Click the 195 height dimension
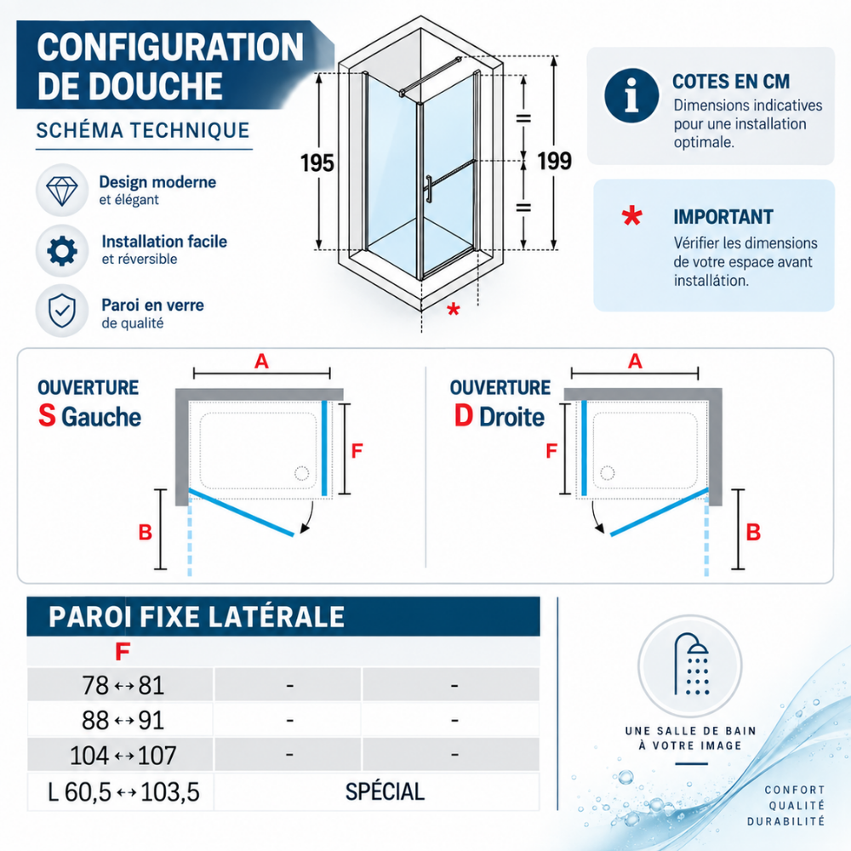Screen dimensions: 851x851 click(317, 163)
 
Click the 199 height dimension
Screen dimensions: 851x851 click(554, 161)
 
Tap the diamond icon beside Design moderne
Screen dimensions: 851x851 click(62, 190)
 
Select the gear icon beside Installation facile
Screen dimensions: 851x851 click(62, 251)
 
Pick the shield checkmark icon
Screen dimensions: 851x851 click(62, 311)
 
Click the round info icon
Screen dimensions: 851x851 click(631, 95)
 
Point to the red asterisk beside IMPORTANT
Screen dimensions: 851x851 click(631, 215)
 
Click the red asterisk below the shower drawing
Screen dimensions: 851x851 click(454, 310)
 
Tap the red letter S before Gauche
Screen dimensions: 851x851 click(47, 416)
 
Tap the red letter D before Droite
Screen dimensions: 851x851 click(464, 416)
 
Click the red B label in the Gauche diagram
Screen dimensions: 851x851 click(145, 533)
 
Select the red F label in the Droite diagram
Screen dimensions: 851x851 click(551, 450)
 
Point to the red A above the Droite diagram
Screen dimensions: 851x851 click(635, 361)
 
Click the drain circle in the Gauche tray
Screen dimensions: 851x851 click(302, 473)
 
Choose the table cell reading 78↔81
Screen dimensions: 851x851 click(123, 685)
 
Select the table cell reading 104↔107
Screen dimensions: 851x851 click(123, 755)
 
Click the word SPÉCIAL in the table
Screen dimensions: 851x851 click(385, 791)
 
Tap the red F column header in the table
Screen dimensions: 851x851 click(123, 651)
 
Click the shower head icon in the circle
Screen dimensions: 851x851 click(690, 665)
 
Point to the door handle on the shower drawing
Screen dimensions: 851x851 click(428, 190)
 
